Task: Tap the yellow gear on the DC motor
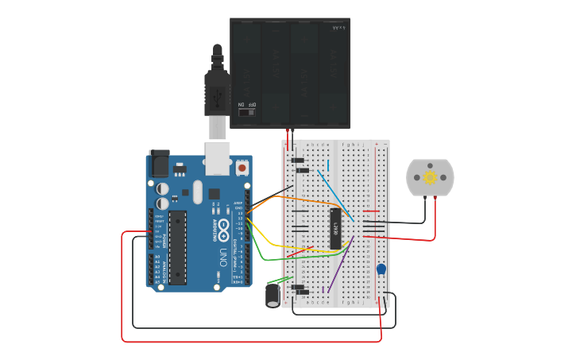pos(430,177)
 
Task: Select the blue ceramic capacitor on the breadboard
pos(381,269)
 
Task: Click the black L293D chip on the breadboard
pos(336,228)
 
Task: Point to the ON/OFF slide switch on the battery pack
pos(247,111)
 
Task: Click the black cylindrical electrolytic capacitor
pos(273,296)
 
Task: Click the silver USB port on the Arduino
pos(217,157)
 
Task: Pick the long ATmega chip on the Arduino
pos(177,246)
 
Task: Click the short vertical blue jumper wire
pos(328,165)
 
